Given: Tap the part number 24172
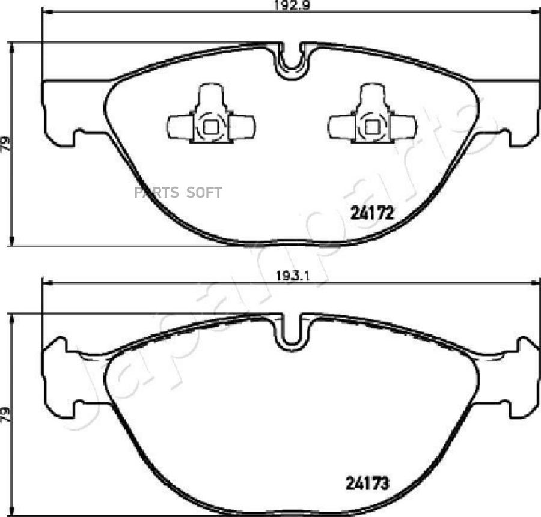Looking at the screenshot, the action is coord(372,213).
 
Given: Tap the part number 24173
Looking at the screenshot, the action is coord(367,483).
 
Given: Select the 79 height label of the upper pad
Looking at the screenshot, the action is coord(5,144).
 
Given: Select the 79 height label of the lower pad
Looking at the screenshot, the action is coord(5,415).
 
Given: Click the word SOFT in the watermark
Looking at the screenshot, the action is coord(204,192).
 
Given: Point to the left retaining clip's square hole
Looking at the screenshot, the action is coord(211,128).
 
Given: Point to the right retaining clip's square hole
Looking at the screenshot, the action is coord(372,128).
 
